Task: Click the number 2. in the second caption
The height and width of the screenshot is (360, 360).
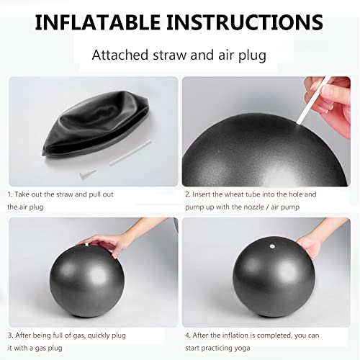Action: click(x=187, y=194)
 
